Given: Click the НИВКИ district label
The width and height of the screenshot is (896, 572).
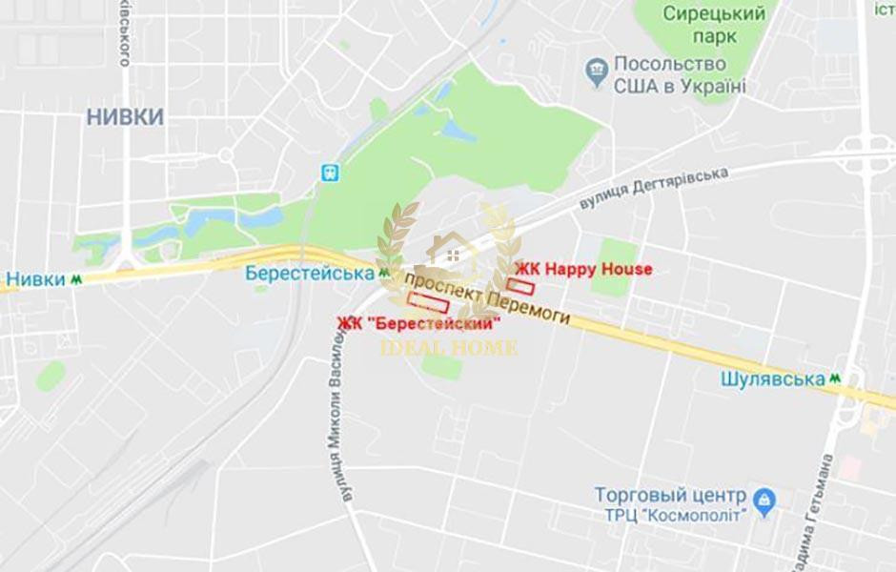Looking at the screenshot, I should coord(125,117).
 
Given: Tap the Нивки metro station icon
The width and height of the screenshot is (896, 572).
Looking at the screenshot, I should coord(75,280).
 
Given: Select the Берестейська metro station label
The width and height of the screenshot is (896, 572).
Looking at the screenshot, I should coord(309,273).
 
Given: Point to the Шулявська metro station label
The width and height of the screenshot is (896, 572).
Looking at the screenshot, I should coord(772,378).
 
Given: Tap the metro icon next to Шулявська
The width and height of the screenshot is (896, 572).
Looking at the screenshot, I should coord(836,378).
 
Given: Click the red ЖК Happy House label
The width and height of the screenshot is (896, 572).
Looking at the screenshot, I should coord(583,269).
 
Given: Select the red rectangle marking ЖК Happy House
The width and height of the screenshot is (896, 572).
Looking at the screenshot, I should coord(520,285).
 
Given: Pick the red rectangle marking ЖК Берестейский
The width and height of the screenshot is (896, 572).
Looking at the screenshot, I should coord(428,303).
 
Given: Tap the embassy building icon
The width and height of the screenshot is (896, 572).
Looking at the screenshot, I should coord(596,69).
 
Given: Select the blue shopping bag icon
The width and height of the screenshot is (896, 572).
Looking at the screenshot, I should coord(764,499).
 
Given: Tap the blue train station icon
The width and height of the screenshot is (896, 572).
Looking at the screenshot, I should coord(330,172).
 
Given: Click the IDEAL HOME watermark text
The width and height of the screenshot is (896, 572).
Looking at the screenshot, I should coord(448,347).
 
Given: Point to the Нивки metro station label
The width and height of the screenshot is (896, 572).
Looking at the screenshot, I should coord(35,280).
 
